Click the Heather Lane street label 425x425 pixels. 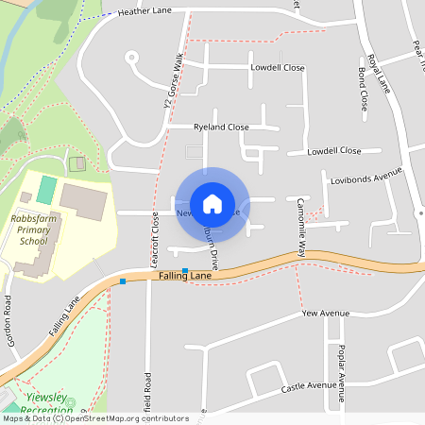[x=145, y=12]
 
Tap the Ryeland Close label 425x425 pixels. [x=221, y=127]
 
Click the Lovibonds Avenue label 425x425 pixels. [x=366, y=177]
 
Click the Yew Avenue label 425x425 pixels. [x=326, y=313]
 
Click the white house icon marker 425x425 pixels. [x=212, y=203]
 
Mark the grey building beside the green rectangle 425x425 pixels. [x=84, y=201]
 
